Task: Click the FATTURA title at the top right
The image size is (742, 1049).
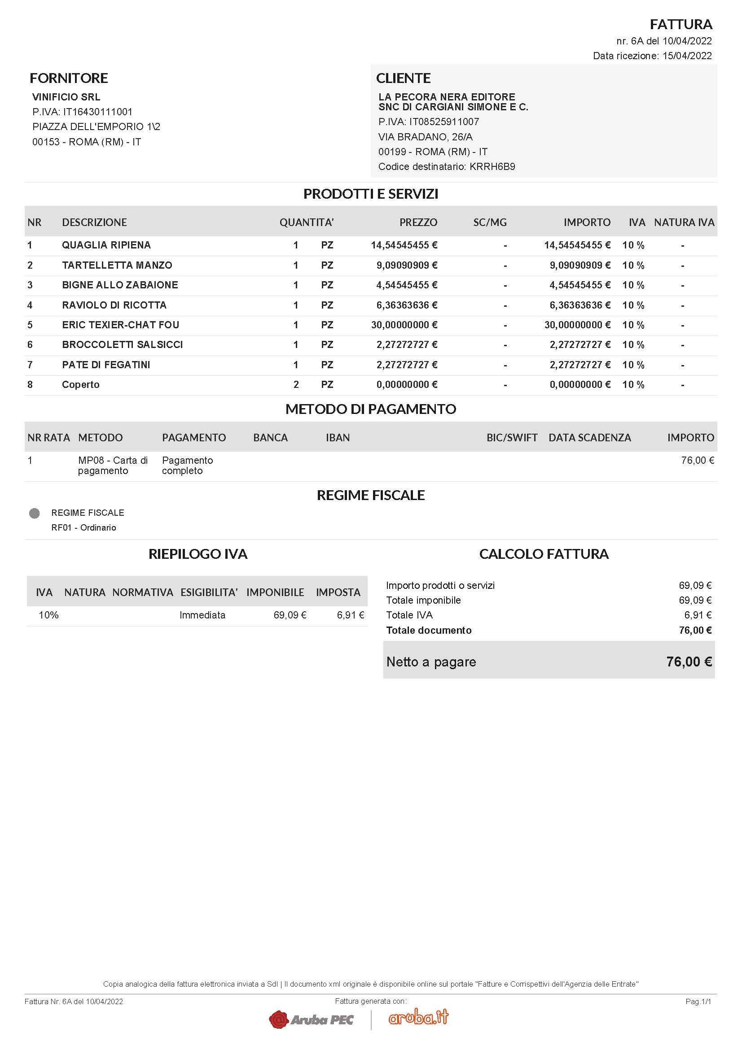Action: point(681,24)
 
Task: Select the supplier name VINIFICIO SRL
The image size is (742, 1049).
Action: point(66,97)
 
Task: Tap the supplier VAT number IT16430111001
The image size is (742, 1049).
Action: point(97,112)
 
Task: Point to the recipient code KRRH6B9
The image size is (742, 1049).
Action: point(492,167)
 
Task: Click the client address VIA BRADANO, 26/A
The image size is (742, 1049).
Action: point(425,137)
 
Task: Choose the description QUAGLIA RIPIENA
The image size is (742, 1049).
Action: point(106,245)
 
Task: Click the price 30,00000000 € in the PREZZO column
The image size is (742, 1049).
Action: point(404,325)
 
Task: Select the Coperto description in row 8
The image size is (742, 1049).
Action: point(80,385)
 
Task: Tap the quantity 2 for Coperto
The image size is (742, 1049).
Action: point(296,385)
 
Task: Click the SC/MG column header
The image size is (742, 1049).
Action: point(490,222)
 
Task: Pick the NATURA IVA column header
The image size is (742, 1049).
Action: point(684,222)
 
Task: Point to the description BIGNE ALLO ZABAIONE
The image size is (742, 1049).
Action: point(120,285)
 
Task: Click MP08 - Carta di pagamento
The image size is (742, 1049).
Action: point(113,465)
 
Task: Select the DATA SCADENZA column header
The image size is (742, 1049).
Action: point(589,438)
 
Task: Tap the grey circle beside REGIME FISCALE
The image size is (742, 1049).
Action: point(34,514)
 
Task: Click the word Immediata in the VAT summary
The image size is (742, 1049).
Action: point(202,615)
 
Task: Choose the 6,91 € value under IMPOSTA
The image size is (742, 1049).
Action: point(350,615)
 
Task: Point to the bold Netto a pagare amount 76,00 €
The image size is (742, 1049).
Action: point(689,662)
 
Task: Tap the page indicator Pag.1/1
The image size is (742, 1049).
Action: point(698,1001)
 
